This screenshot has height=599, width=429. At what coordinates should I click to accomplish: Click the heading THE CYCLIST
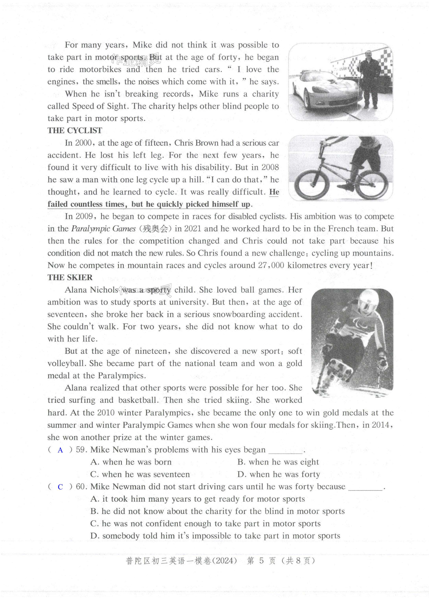[75, 130]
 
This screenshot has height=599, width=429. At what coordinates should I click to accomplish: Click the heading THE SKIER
[70, 277]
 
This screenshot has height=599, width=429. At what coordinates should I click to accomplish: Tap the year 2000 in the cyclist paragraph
[83, 143]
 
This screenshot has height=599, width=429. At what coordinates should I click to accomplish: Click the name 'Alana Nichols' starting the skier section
[91, 290]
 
